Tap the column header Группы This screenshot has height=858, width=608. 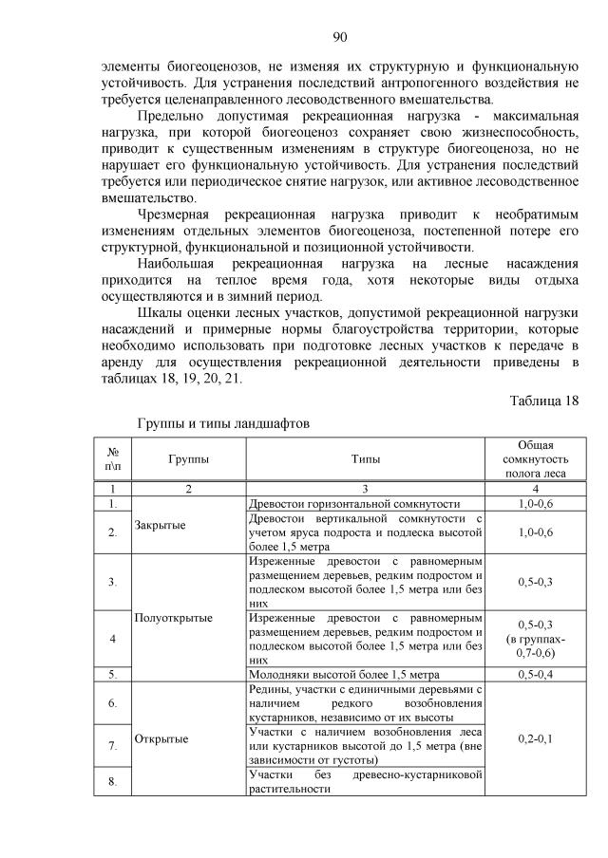point(189,458)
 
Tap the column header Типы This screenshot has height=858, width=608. point(366,458)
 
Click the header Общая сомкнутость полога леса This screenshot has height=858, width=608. point(536,458)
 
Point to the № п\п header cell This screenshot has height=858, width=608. point(113,458)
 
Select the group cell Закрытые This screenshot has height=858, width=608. point(161,524)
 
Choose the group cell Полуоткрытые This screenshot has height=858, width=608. point(174,617)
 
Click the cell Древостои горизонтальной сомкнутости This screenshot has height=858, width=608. point(353,504)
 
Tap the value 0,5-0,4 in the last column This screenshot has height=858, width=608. point(536,675)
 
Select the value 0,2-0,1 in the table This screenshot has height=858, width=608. point(536,737)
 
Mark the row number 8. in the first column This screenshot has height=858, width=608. point(113,782)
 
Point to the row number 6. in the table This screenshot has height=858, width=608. point(113,703)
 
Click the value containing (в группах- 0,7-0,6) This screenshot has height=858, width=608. point(536,638)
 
